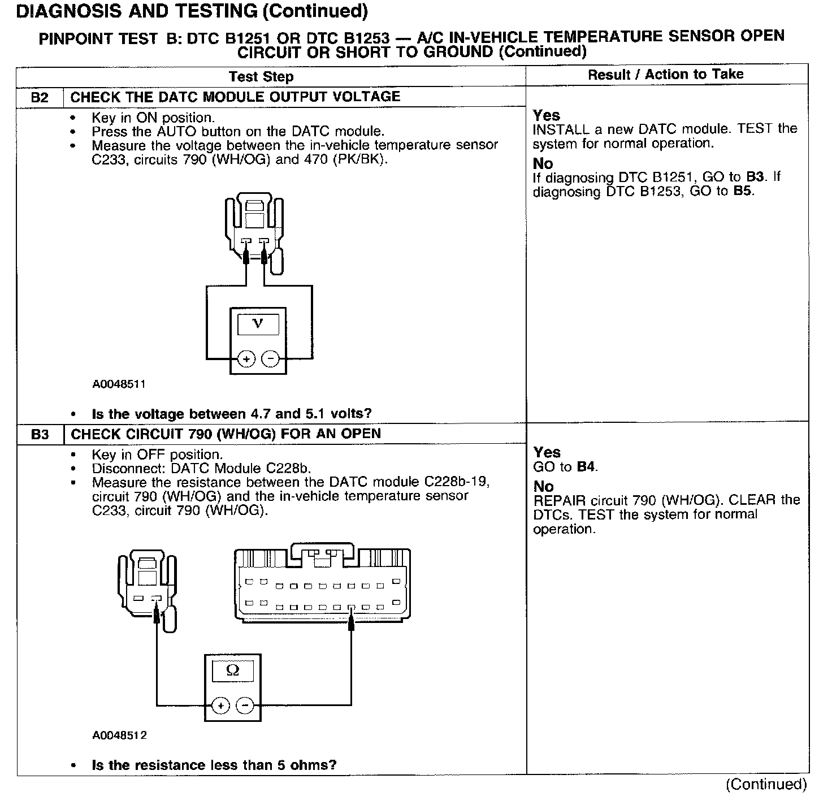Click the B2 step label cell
[40, 97]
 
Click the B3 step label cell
[40, 434]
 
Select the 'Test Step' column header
[261, 77]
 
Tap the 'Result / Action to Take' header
[665, 75]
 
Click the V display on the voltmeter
[258, 324]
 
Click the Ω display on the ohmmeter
[232, 670]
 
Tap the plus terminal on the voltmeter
[246, 359]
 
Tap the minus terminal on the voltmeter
[270, 359]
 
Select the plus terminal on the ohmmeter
[220, 706]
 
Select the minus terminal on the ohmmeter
[245, 706]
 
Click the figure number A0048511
[119, 384]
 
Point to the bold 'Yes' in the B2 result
[546, 115]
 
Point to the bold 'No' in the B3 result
[543, 486]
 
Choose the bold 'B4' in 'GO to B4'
[587, 467]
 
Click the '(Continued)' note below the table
[766, 784]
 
